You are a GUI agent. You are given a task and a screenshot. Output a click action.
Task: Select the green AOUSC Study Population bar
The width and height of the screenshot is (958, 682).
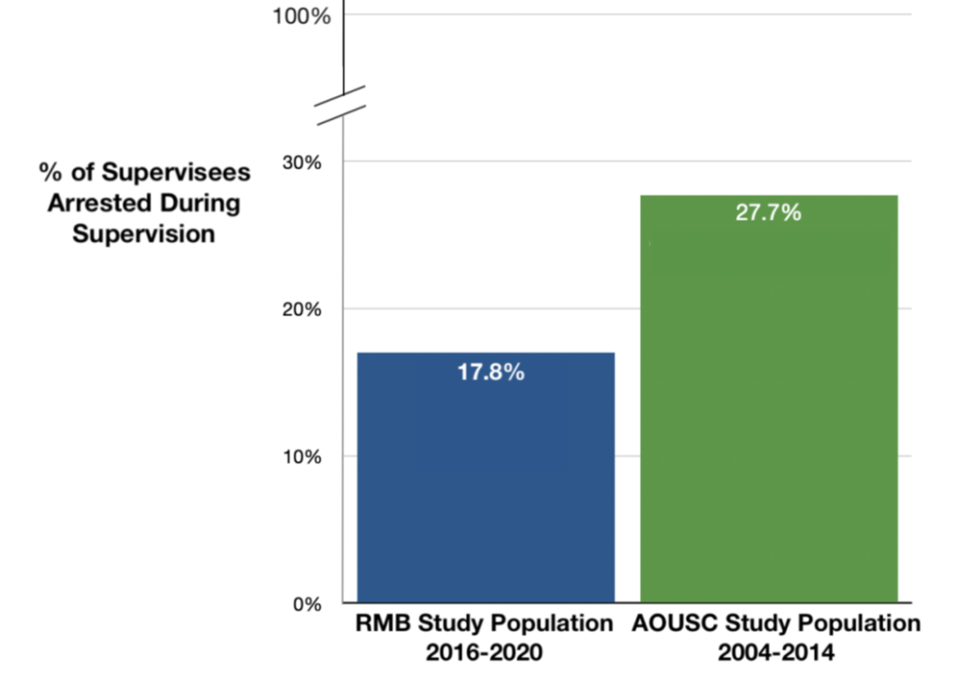[768, 412]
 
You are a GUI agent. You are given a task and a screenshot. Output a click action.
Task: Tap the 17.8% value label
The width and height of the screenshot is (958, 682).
[490, 371]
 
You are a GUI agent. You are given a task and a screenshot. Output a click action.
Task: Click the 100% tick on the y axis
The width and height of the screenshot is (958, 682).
[301, 16]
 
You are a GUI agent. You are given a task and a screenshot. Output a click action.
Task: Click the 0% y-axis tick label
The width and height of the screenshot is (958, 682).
[306, 603]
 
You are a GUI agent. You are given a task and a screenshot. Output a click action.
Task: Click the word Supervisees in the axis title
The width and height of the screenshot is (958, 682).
[176, 172]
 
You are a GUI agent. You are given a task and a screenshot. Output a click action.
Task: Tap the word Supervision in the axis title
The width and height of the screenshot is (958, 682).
[144, 234]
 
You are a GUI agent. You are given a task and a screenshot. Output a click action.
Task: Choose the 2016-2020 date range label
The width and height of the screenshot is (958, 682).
[484, 652]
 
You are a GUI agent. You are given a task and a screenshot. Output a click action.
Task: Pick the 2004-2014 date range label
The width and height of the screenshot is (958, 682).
[776, 652]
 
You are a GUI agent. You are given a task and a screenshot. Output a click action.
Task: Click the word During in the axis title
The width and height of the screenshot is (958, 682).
[199, 203]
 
